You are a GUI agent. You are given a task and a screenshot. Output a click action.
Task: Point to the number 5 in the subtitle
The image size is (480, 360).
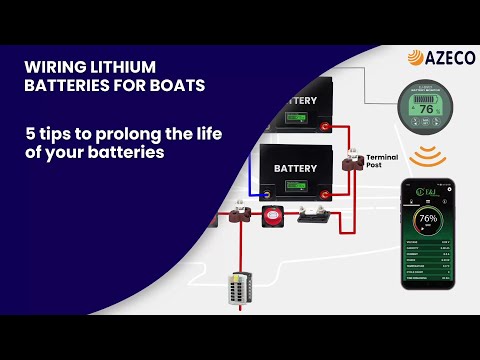pyautogui.click(x=31, y=133)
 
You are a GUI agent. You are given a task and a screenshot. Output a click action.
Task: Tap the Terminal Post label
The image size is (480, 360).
pyautogui.click(x=382, y=163)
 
